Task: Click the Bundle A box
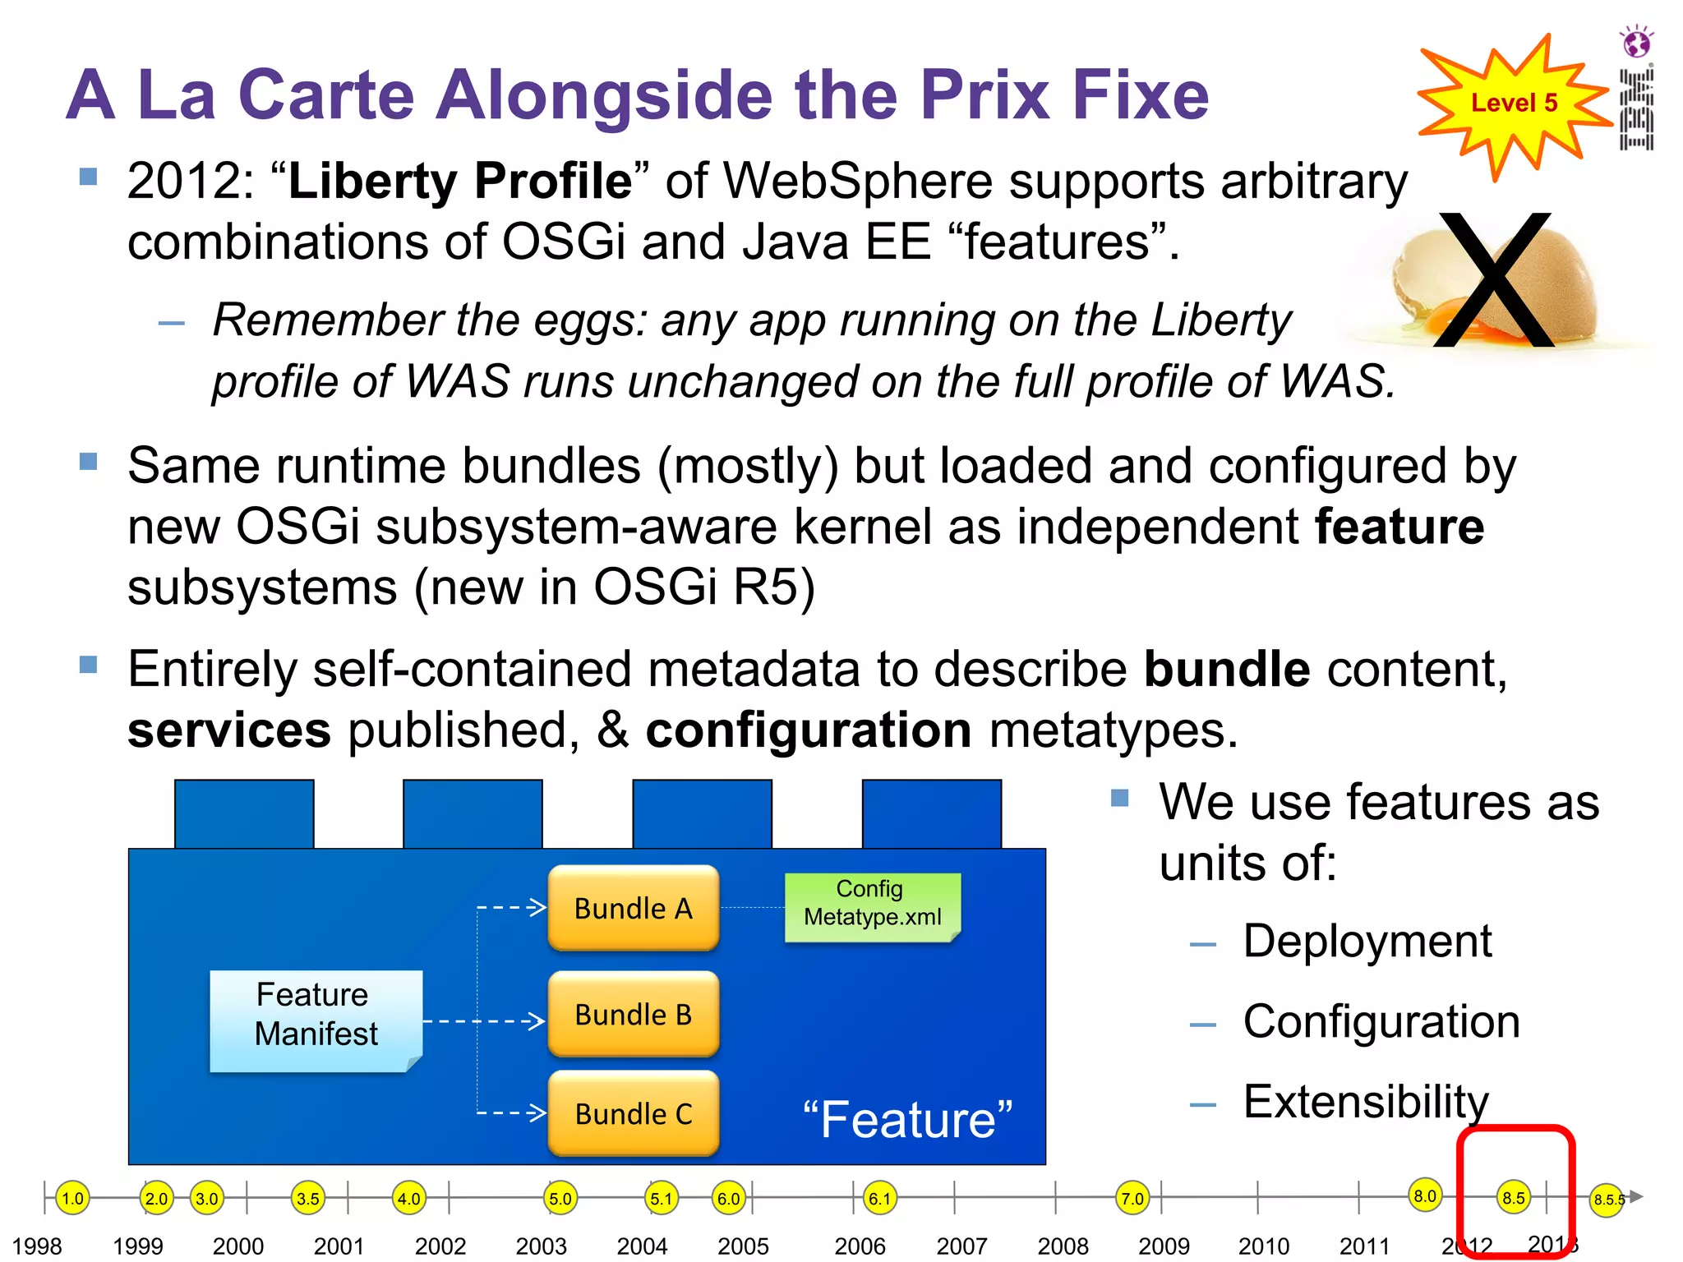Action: coord(633,908)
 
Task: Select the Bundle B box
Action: coord(633,1014)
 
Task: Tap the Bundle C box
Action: coord(633,1113)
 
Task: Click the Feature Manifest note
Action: coord(316,1020)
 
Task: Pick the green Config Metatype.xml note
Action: coord(872,905)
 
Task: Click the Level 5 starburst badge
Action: coord(1513,104)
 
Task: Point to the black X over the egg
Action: coord(1494,279)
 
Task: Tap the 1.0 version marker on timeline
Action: coord(72,1198)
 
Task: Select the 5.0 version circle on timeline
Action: coord(560,1198)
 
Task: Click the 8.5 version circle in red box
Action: coord(1513,1198)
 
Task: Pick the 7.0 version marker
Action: coord(1132,1198)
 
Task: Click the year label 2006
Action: coord(859,1246)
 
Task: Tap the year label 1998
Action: coord(37,1246)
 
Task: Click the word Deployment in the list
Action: coord(1367,941)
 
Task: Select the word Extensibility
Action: coord(1365,1101)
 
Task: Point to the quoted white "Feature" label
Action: coord(907,1119)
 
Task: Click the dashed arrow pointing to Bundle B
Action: coord(485,1021)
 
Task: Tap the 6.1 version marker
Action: coord(879,1198)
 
